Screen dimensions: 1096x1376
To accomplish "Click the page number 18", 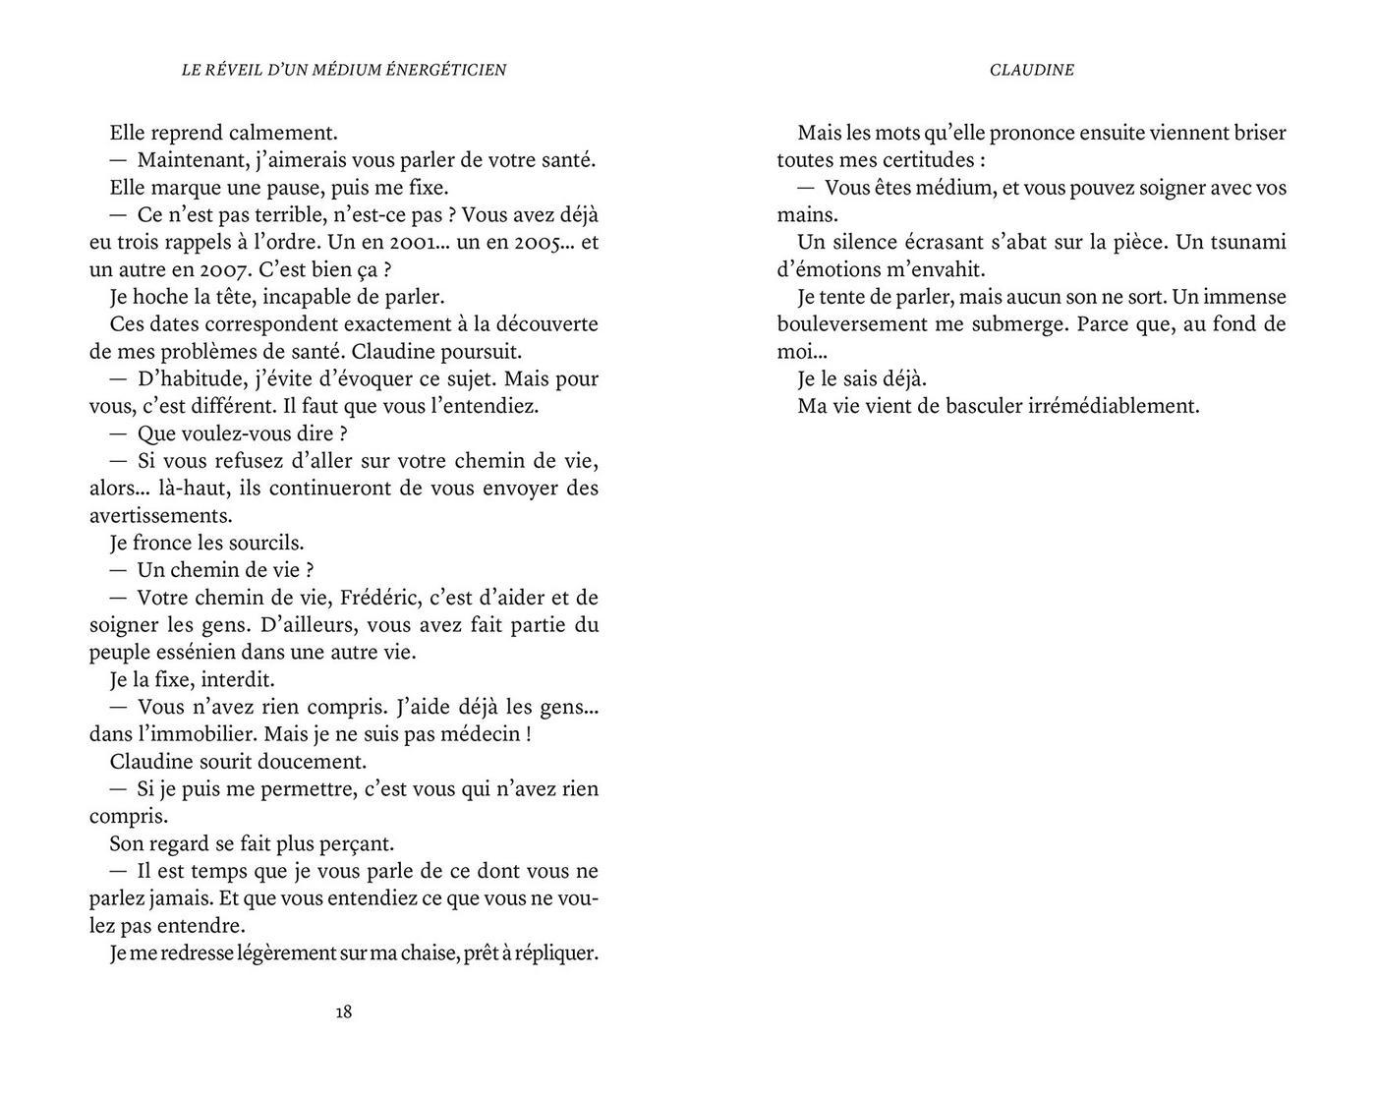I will click(343, 1011).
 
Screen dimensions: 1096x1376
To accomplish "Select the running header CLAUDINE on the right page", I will click(1031, 70).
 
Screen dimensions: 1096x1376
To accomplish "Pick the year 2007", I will click(226, 270).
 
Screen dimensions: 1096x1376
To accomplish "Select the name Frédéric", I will click(382, 598).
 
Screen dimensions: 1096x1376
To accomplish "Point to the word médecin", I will click(479, 734).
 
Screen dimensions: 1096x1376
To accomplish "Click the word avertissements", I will click(160, 515).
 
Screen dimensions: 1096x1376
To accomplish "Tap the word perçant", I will click(359, 843).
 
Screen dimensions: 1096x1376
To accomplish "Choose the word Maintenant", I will click(193, 160).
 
